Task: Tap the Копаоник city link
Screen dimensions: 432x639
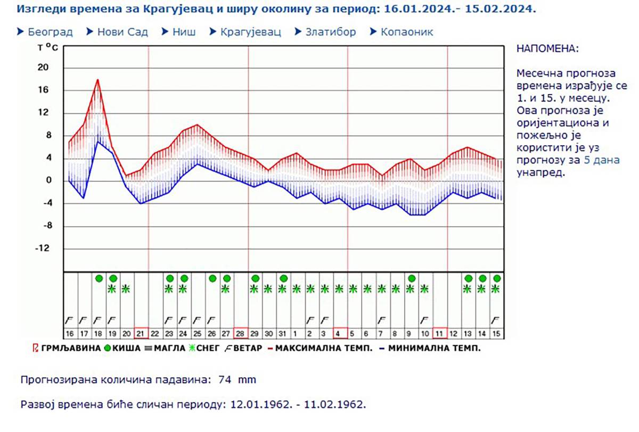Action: [406, 32]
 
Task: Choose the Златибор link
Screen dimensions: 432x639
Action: [330, 32]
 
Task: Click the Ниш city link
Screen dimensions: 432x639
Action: [184, 32]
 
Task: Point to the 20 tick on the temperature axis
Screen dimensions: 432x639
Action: [43, 68]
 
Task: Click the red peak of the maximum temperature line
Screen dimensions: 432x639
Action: [98, 80]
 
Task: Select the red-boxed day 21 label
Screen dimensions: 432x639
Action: [141, 334]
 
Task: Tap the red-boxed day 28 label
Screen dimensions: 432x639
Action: [241, 334]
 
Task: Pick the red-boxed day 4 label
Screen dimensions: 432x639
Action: [340, 334]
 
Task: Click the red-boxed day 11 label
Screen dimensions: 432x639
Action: [440, 334]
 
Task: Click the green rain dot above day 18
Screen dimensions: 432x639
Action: [98, 278]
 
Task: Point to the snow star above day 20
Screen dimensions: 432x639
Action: [126, 289]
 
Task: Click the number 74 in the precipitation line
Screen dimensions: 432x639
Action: [224, 380]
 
